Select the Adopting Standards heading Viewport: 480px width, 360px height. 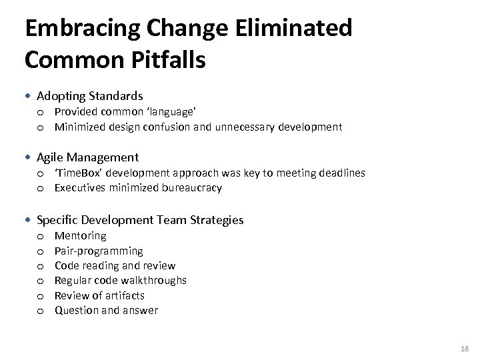pyautogui.click(x=89, y=96)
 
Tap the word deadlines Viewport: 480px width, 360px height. pyautogui.click(x=339, y=173)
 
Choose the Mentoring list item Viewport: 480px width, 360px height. pyautogui.click(x=80, y=236)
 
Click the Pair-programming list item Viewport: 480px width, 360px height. pyautogui.click(x=99, y=251)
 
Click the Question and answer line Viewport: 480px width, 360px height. pyautogui.click(x=106, y=311)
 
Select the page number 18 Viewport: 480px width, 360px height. pyautogui.click(x=464, y=349)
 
